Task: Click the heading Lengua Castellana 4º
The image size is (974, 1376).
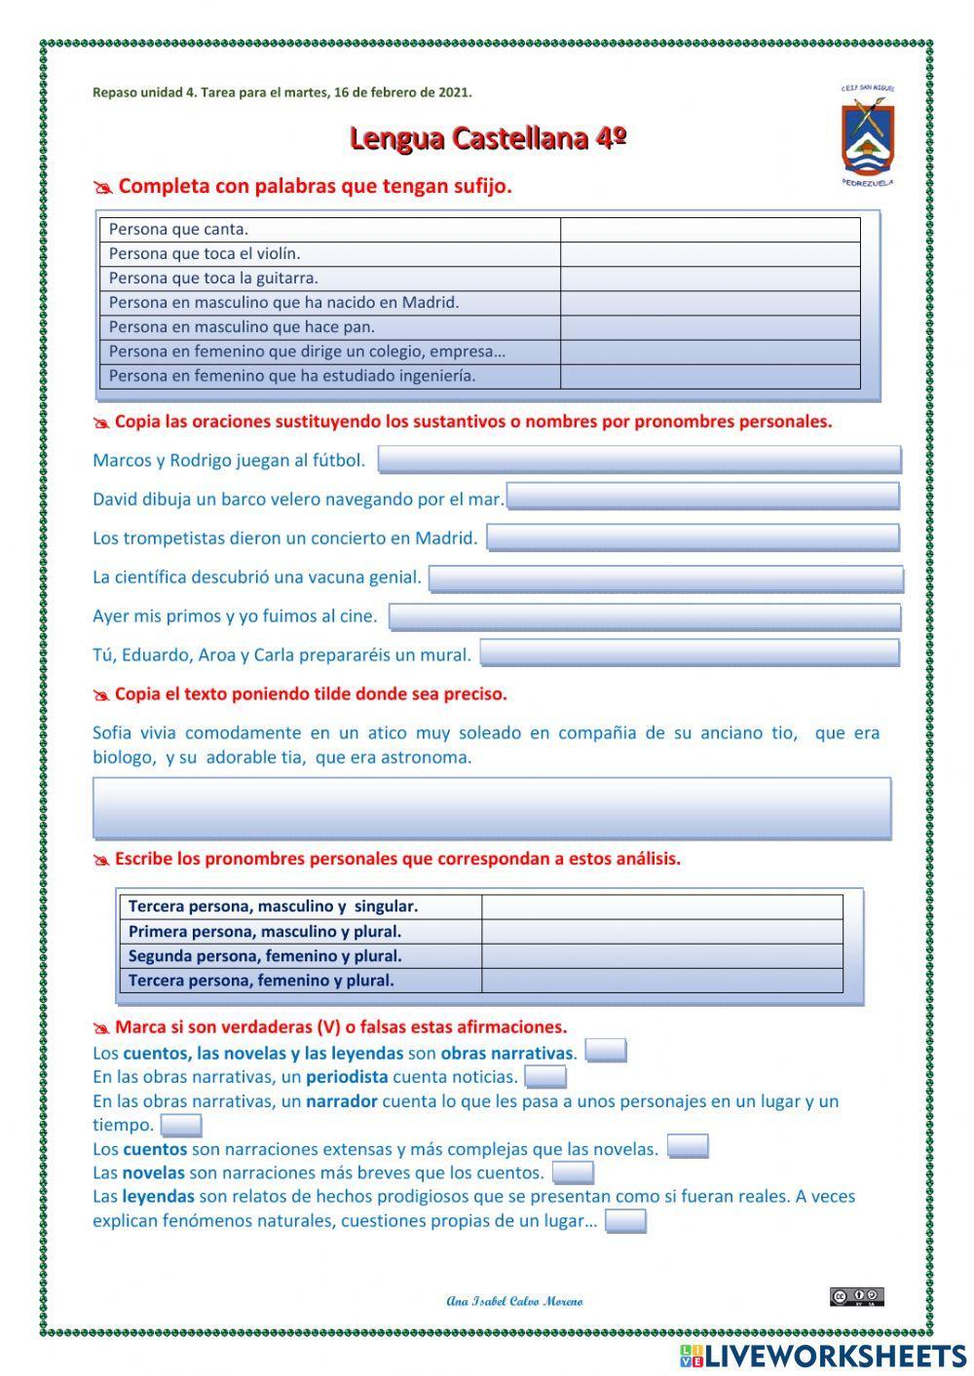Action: [487, 138]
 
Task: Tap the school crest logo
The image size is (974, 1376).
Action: [867, 134]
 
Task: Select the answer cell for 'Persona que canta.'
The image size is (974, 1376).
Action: [710, 230]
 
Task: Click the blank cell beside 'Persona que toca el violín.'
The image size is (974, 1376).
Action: [710, 254]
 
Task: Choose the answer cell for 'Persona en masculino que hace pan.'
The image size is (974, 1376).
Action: [710, 327]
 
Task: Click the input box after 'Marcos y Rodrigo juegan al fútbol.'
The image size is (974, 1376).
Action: [639, 460]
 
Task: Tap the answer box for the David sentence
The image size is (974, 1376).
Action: [702, 498]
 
